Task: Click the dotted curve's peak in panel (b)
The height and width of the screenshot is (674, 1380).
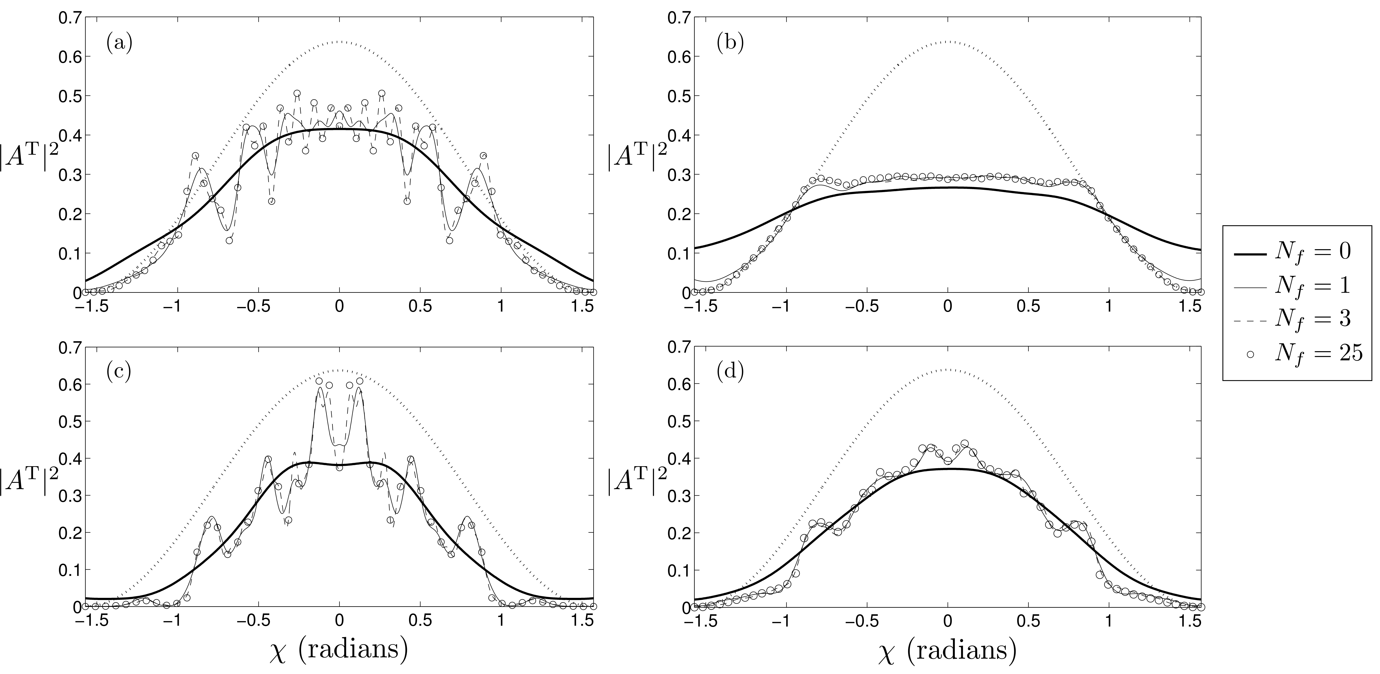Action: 948,41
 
